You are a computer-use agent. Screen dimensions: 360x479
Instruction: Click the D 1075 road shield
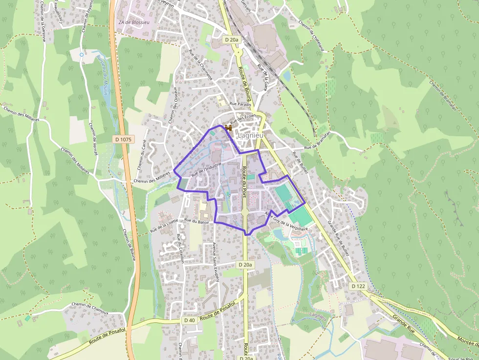[x=123, y=139]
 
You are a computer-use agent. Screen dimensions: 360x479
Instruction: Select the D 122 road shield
[x=358, y=285]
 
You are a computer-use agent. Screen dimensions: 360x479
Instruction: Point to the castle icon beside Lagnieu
[x=228, y=127]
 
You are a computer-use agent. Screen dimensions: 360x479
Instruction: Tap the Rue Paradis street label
[x=240, y=105]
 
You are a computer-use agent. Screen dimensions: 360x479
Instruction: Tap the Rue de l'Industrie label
[x=207, y=169]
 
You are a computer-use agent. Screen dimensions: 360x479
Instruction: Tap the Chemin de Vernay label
[x=93, y=139]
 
